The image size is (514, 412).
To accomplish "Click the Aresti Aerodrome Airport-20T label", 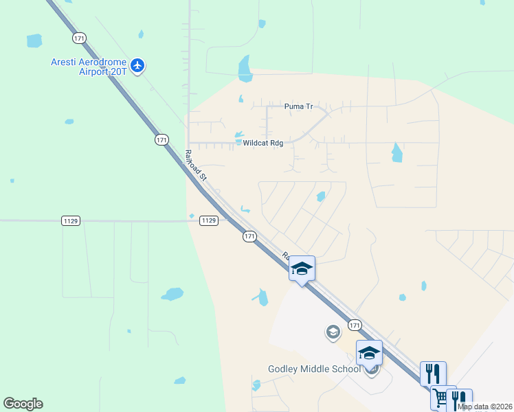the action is coord(89,66).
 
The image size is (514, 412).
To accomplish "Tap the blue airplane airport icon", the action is coord(138,66).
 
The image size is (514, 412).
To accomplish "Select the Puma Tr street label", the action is coord(298,106).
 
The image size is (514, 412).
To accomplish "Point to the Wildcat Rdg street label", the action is coord(262,143).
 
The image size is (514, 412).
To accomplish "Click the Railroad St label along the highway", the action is coord(197,165).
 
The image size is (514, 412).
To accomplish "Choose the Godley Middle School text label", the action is coord(314,369).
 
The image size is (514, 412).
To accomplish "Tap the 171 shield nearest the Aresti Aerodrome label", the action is coord(80,38).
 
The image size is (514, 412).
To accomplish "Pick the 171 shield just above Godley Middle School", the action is coord(355,325).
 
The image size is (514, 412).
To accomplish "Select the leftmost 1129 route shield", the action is coord(71,220).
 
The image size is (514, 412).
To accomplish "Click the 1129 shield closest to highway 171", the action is coord(210,220).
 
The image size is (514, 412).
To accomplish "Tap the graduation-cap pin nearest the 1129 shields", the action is coord(301,268).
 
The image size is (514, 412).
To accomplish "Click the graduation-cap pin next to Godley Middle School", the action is coord(369,354).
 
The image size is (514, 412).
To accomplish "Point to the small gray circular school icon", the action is coord(333,332).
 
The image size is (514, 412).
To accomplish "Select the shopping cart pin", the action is coord(442,398).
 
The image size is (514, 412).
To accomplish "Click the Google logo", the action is coord(23,404).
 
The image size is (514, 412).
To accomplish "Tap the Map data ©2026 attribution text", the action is coord(485,407).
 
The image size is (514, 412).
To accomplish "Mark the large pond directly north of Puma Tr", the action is coord(244,68).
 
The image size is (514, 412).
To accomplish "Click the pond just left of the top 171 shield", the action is coord(34,41).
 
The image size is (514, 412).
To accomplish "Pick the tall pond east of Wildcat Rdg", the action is coord(396,152).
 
